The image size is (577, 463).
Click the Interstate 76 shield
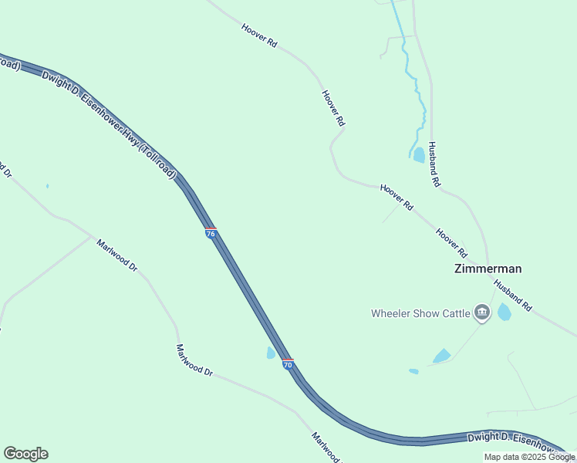[x=211, y=233]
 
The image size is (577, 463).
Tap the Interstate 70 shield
[x=288, y=363]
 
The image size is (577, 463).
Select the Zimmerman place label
[x=488, y=269]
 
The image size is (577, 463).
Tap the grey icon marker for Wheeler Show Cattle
[x=482, y=313]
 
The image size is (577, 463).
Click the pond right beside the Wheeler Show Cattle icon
[x=504, y=312]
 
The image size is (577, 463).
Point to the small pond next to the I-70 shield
[x=271, y=353]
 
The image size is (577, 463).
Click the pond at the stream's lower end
[x=419, y=154]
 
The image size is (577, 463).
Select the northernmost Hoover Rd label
[x=259, y=35]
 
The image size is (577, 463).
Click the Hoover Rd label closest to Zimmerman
[x=451, y=242]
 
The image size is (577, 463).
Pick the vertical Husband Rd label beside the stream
[x=434, y=164]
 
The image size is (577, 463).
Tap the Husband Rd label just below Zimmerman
[x=513, y=296]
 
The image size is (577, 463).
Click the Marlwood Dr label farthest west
[x=117, y=255]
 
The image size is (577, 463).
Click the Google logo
[x=25, y=454]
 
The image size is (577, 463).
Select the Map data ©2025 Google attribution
[x=529, y=457]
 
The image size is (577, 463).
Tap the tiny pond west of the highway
[x=47, y=186]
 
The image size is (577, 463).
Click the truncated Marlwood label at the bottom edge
[x=326, y=448]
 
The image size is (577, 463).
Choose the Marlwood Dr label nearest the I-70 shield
[x=194, y=360]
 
